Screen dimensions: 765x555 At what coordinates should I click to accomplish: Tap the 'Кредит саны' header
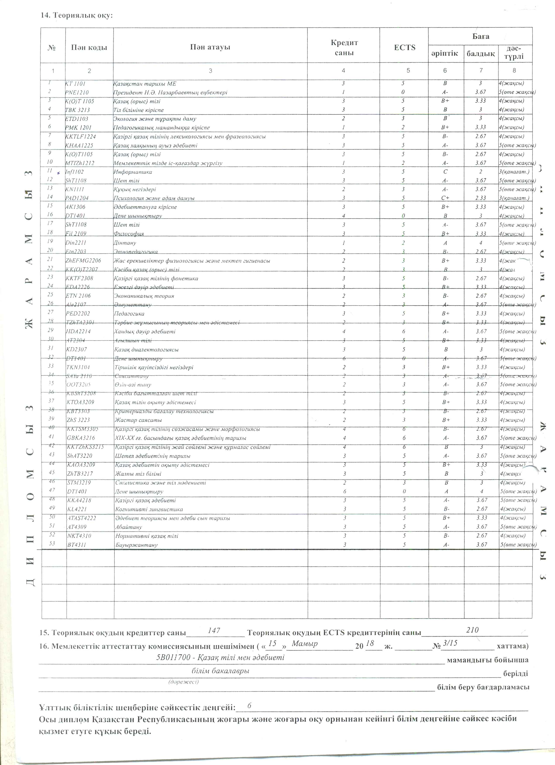point(344,48)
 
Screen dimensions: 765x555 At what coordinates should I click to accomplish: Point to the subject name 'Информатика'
point(132,172)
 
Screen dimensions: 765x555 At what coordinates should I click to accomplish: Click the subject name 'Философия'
point(129,234)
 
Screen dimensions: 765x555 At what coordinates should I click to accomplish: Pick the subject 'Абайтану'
point(129,527)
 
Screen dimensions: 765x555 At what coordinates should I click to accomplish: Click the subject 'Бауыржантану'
point(136,545)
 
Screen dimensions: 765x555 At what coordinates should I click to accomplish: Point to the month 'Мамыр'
point(305,644)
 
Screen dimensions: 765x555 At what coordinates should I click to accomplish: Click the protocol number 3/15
point(450,643)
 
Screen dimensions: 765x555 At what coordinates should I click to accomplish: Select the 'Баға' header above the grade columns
point(480,36)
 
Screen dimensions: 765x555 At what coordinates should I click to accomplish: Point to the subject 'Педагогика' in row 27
point(129,314)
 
